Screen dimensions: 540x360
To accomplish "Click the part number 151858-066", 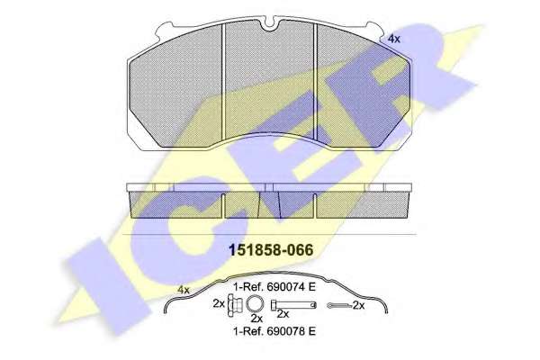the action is click(272, 250).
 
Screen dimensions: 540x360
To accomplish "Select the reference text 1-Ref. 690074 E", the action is click(274, 287).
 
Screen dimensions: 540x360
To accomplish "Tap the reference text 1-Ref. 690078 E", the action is click(274, 331).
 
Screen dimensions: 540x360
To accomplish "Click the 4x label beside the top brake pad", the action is click(394, 39).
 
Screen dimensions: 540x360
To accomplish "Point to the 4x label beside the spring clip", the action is click(184, 290).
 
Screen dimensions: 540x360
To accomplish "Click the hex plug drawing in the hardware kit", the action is click(235, 305).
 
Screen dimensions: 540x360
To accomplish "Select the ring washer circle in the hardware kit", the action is click(256, 304).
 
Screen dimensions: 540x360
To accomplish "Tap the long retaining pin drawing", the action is click(293, 305).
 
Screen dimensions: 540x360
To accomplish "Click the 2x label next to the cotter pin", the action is click(358, 305).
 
